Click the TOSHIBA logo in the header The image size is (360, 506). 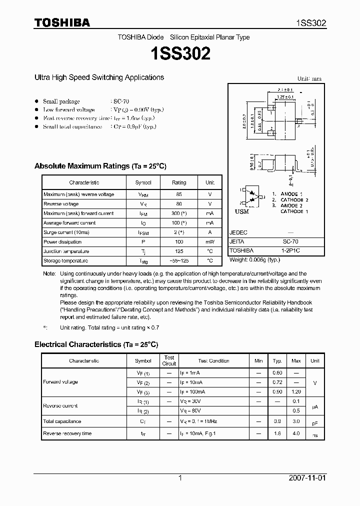(x=62, y=22)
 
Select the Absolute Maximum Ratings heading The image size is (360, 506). (x=100, y=166)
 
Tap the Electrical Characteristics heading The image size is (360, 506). (x=96, y=344)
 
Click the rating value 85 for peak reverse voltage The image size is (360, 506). (x=179, y=194)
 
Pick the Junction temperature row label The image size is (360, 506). (x=66, y=251)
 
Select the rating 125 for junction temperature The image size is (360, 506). (x=179, y=251)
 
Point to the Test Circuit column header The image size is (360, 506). (x=169, y=360)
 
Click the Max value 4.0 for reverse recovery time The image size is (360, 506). (x=296, y=433)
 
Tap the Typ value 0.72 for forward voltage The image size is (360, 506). (x=277, y=382)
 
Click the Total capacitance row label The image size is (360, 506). (x=62, y=421)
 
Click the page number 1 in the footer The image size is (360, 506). (x=180, y=478)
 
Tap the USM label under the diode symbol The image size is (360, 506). (x=242, y=212)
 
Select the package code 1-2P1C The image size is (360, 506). (x=290, y=250)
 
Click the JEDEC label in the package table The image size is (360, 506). (x=238, y=232)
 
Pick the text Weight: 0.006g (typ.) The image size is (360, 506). (x=255, y=260)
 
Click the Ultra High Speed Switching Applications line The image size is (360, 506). (x=99, y=77)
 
